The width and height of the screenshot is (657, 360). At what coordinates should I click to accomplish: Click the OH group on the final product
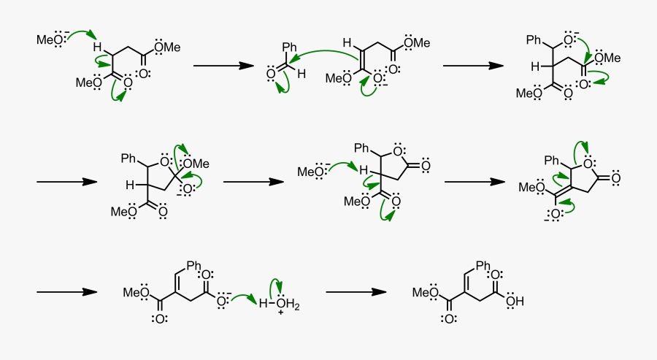pos(515,302)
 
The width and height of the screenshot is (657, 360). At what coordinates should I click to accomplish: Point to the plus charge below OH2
pos(280,313)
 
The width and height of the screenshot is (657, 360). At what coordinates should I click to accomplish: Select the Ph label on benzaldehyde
pos(289,46)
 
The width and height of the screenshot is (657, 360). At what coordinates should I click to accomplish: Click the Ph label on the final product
pos(483,265)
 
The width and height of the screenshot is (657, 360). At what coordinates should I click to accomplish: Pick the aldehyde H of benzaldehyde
pos(301,74)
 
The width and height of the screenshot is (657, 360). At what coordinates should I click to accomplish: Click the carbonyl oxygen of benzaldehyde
pos(271,74)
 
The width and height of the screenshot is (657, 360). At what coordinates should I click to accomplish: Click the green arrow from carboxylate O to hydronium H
pos(244,298)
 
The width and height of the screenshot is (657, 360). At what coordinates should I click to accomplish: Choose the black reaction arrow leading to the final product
pos(356,291)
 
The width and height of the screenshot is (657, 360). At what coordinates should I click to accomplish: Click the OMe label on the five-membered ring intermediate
pos(196,164)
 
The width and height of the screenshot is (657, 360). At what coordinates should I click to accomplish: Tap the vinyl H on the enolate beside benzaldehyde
pos(347,43)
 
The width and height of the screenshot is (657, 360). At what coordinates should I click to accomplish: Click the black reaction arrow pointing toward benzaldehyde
pos(224,66)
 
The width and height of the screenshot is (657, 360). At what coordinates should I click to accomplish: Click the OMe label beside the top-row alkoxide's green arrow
pos(607,58)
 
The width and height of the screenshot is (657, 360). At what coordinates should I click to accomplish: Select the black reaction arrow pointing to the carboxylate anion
pos(67,291)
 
